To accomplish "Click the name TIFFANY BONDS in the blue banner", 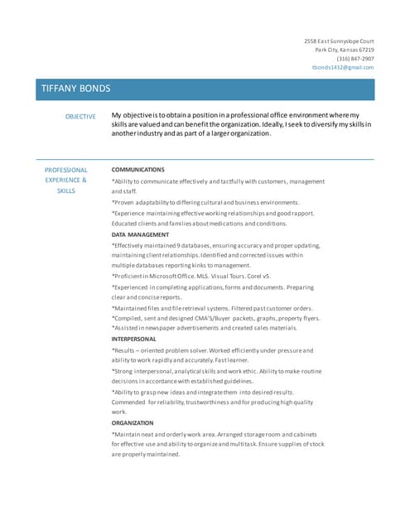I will pos(75,89).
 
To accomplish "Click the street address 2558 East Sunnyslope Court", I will pos(339,41).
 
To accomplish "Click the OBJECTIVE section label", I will pos(80,117).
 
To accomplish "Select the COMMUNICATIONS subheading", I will pos(137,169).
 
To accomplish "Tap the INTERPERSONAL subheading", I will pos(133,339).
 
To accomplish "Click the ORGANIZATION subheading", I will pos(133,422).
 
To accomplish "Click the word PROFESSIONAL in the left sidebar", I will pos(65,170).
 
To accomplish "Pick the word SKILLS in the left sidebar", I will pos(65,190).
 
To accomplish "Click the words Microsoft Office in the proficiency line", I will pos(169,276).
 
